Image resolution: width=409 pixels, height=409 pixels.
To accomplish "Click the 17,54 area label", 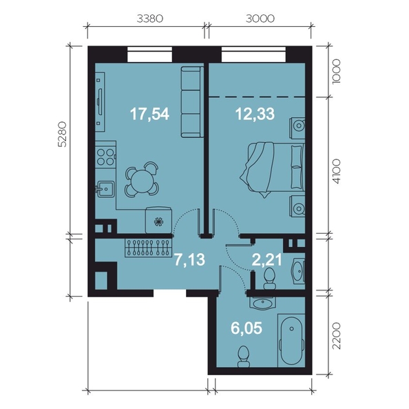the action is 149,114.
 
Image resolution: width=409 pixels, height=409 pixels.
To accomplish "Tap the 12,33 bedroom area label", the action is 255,114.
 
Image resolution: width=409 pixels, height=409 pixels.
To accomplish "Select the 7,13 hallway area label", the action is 189,260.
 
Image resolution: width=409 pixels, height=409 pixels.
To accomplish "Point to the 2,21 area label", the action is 267,260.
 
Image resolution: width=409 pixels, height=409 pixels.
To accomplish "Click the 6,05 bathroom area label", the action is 247,328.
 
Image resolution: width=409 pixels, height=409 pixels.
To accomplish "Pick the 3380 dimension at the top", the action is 150,19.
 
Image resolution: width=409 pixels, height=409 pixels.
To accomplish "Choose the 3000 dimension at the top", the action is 260,19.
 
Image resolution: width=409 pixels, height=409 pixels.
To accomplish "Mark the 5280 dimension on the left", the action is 63,134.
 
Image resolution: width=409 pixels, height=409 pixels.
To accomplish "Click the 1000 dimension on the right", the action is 337,71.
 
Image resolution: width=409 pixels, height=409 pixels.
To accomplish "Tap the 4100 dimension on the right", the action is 337,172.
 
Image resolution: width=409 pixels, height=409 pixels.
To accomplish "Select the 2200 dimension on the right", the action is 337,336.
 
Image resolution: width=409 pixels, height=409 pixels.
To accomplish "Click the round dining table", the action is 142,180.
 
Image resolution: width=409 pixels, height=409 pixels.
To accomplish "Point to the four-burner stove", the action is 105,157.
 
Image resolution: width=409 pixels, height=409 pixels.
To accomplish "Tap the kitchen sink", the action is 105,189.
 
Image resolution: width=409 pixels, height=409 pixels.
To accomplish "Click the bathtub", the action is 291,340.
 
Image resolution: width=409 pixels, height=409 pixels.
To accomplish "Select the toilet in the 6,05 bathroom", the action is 244,357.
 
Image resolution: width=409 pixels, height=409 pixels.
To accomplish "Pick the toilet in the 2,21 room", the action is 269,279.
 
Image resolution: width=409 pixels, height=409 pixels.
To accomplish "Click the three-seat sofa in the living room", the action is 192,102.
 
